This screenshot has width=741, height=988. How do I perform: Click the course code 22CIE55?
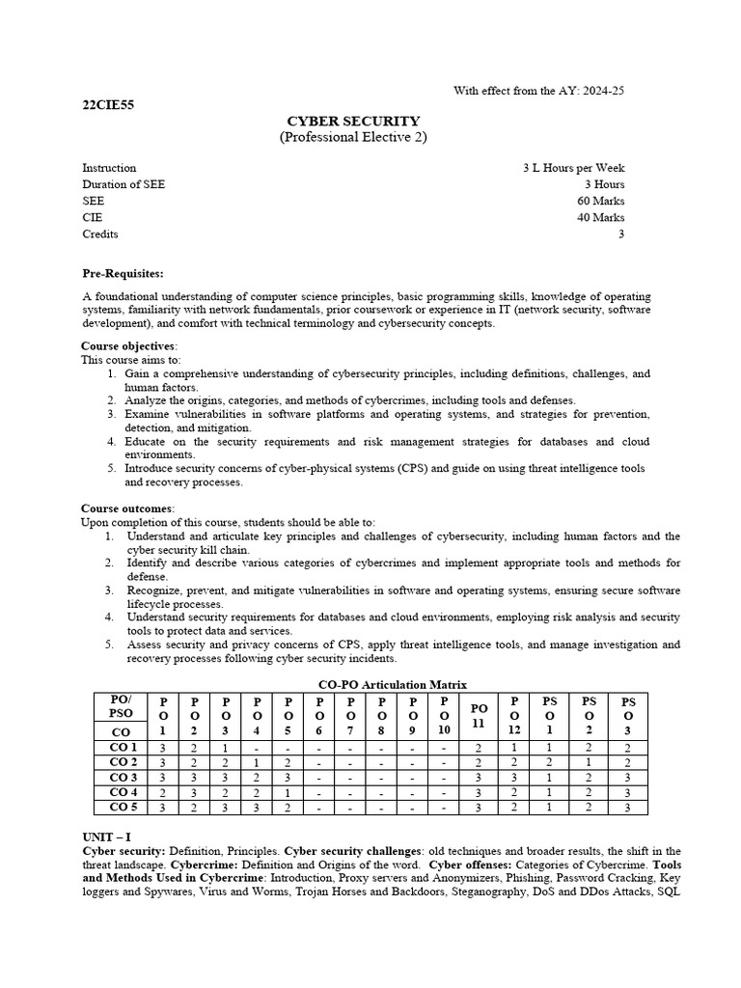click(x=108, y=106)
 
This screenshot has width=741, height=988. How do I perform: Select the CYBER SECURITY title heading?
click(x=353, y=122)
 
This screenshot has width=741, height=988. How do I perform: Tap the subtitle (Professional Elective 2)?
click(x=353, y=138)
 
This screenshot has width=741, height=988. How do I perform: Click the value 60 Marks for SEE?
click(x=600, y=201)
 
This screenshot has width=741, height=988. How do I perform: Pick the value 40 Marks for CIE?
click(x=600, y=217)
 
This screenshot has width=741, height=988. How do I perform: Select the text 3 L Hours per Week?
click(x=573, y=168)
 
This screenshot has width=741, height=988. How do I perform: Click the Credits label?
click(x=99, y=233)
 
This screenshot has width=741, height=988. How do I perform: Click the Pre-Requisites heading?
click(x=123, y=274)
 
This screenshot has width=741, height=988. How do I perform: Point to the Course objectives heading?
click(x=128, y=345)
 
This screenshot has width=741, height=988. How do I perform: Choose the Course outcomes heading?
click(x=127, y=508)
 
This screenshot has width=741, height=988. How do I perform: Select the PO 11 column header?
click(x=478, y=715)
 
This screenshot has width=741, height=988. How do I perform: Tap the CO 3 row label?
click(x=123, y=777)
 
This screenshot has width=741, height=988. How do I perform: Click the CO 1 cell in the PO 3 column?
click(x=225, y=748)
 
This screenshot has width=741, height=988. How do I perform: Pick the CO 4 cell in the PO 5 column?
click(x=288, y=792)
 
